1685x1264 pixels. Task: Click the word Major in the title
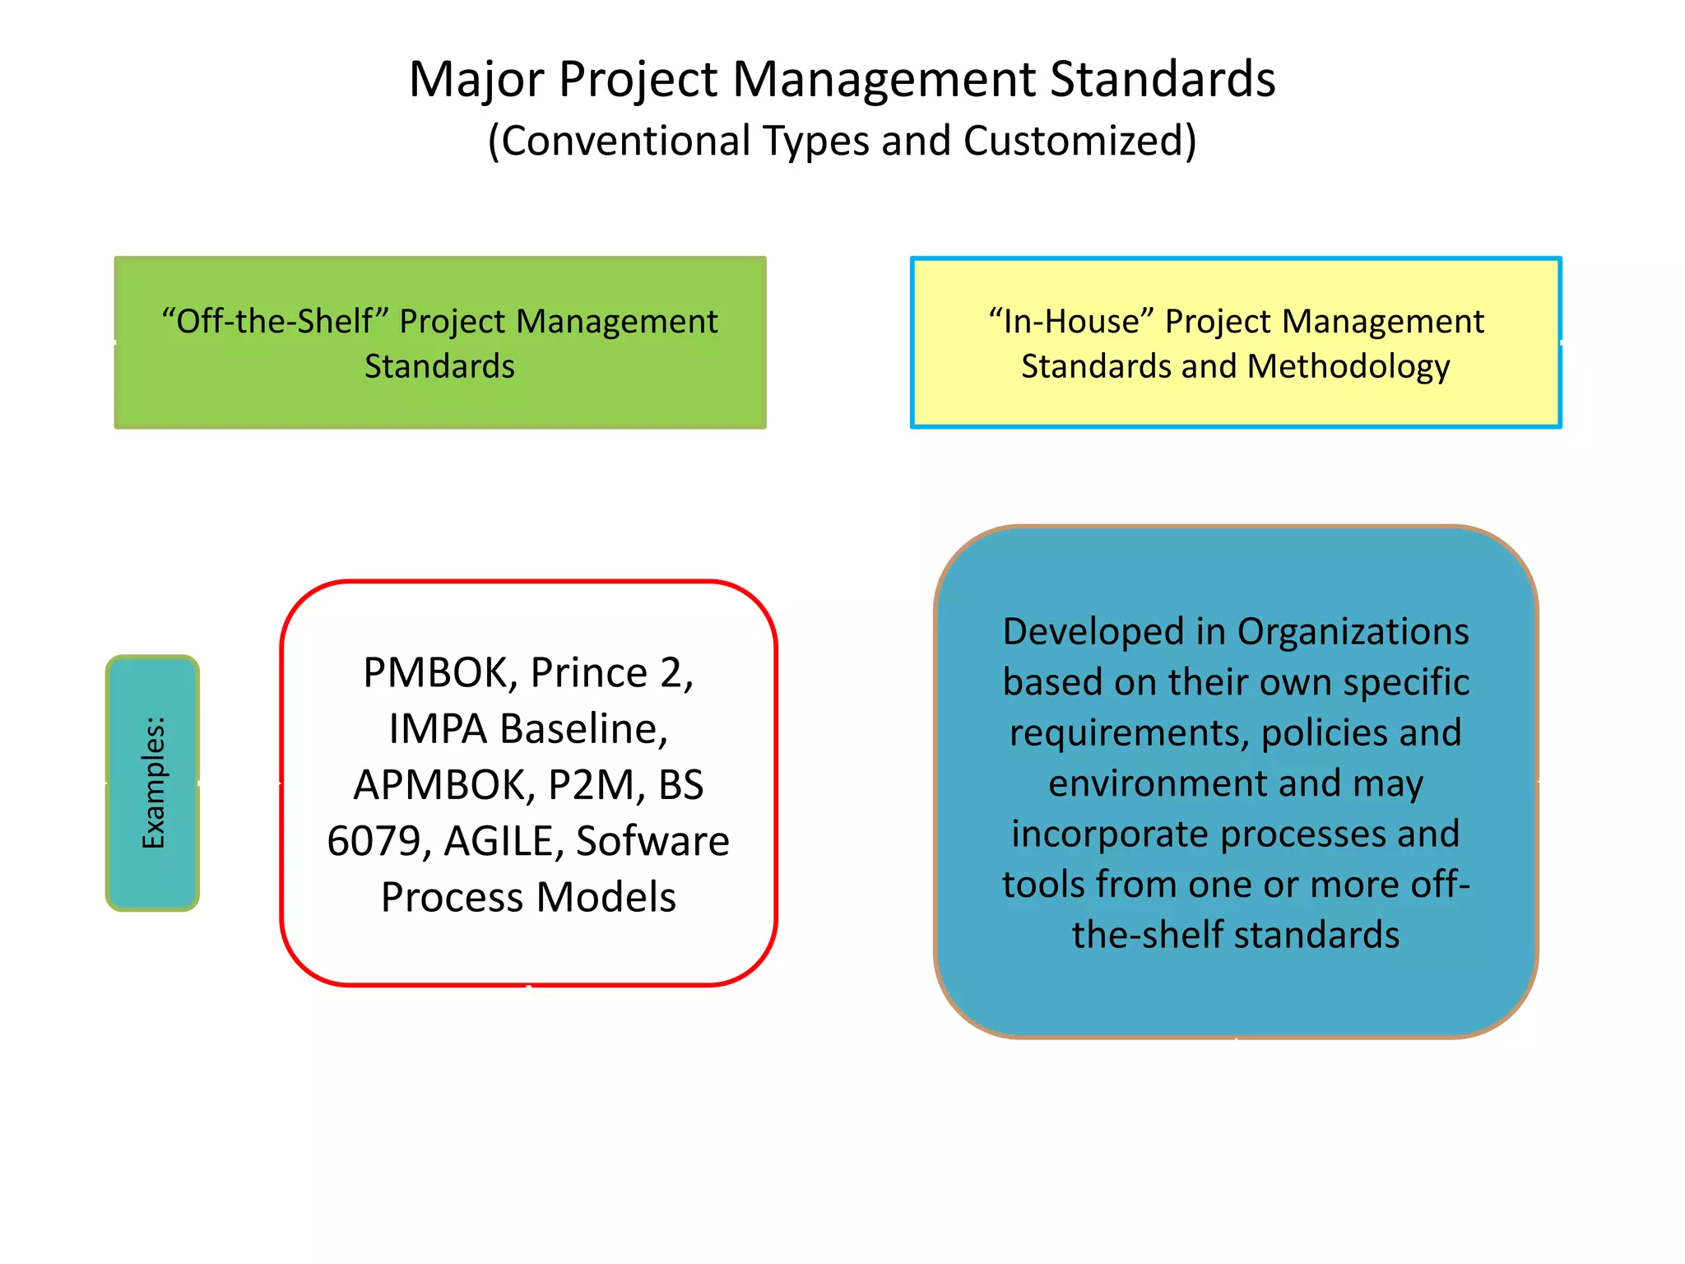476,80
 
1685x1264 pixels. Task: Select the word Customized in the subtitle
1079,141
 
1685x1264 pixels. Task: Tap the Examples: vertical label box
153,783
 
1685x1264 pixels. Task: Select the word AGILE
503,841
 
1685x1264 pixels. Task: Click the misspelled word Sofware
652,841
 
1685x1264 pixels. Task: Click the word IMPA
438,729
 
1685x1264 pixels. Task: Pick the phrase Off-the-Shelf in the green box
276,321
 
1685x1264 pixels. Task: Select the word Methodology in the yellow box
1348,367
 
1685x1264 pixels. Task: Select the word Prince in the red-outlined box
588,673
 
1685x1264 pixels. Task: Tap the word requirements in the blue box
1129,732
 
